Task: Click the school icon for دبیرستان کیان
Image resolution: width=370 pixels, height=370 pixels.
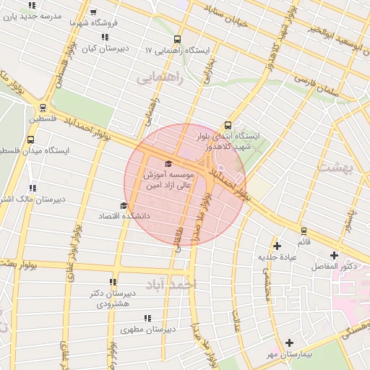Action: click(105, 38)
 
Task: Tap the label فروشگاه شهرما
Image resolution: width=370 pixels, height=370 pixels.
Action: click(88, 22)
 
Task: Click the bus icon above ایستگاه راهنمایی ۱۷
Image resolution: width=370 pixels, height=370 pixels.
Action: click(177, 40)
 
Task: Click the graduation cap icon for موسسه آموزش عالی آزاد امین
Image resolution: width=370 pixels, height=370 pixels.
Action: click(169, 164)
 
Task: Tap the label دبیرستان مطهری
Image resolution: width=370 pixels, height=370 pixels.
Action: click(171, 330)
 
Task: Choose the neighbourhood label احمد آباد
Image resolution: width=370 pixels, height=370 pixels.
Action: click(170, 284)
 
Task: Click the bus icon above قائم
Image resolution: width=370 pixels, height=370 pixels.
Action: click(304, 231)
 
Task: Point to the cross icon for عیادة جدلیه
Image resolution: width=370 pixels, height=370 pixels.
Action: click(277, 246)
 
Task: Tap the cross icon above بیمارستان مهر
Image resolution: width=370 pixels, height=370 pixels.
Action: click(290, 343)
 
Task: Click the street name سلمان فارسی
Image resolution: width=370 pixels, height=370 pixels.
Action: click(311, 86)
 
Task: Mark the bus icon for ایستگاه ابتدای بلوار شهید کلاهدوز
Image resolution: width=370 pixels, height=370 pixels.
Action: click(228, 125)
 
